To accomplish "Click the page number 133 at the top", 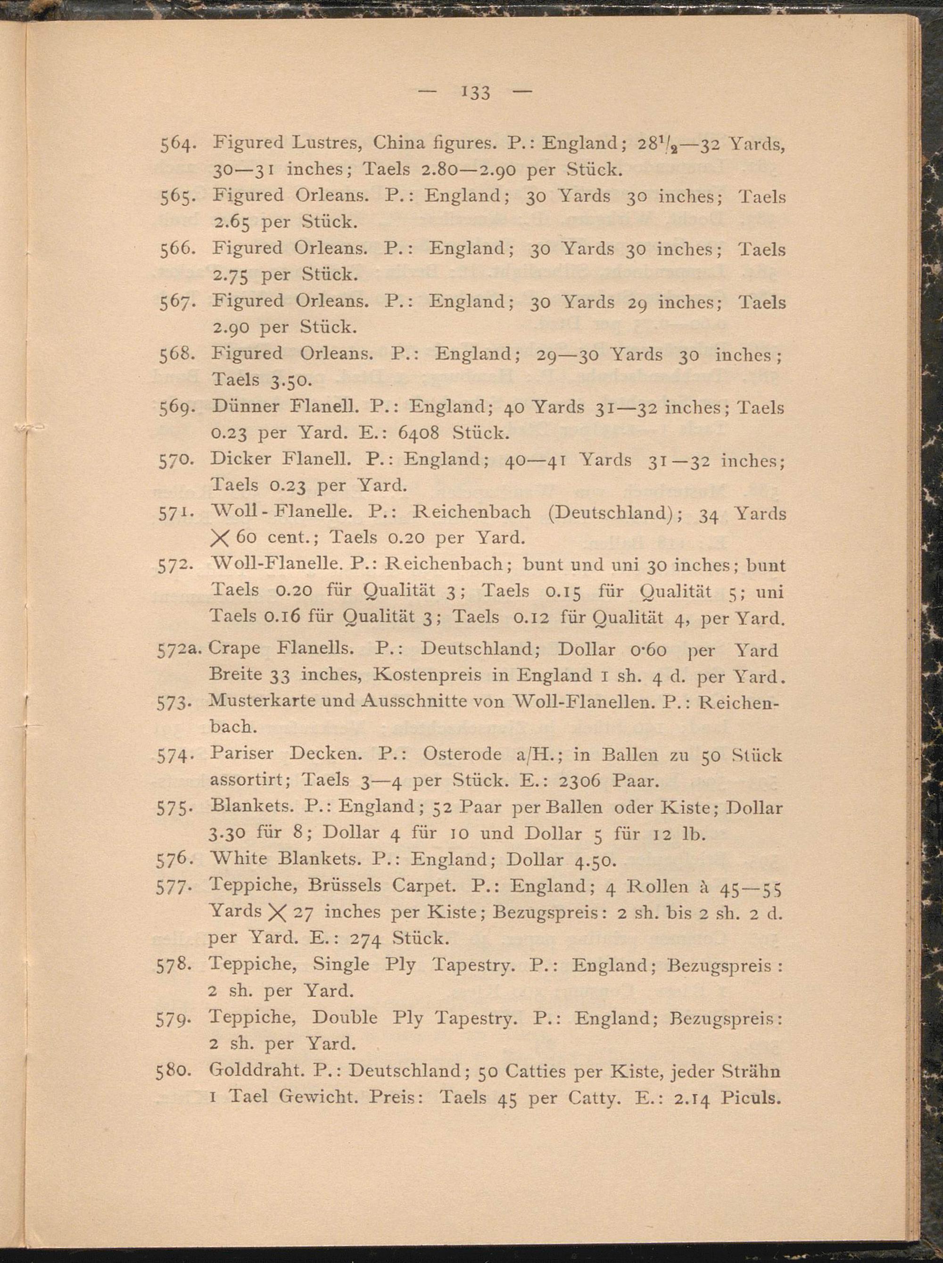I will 473,92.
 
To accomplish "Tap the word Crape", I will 235,649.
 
